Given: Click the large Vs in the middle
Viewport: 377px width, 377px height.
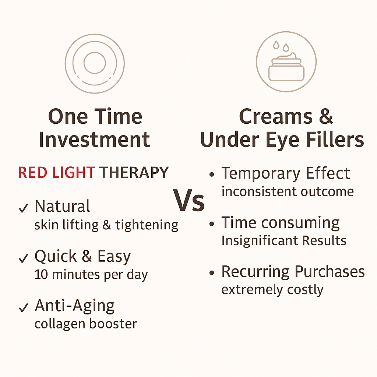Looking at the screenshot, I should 190,201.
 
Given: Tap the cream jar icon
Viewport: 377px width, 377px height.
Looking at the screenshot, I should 286,68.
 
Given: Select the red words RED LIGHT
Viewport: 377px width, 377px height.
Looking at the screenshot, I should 56,173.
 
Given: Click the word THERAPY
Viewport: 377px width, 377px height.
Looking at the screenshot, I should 134,173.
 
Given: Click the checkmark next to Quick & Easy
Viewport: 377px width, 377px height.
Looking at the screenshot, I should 23,259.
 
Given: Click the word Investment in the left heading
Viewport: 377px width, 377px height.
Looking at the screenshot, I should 94,140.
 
